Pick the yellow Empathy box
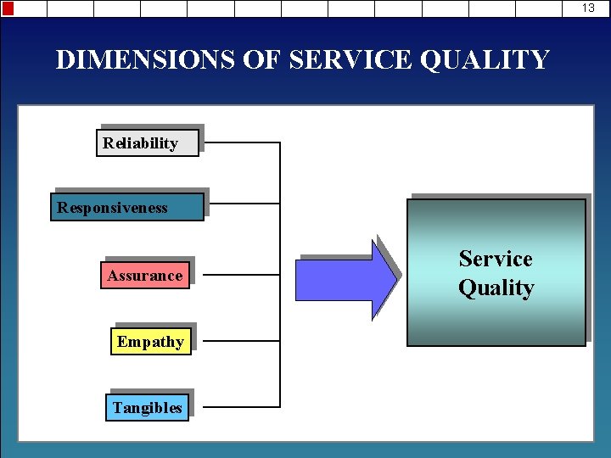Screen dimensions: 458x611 (x=150, y=341)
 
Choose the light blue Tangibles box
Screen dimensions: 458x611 (x=147, y=407)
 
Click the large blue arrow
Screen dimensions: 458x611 (x=344, y=279)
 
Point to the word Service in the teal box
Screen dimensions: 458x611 (x=496, y=259)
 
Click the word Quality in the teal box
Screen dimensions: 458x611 (x=496, y=288)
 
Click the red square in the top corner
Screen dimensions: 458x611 (x=8, y=8)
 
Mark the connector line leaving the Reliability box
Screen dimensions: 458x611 (x=242, y=142)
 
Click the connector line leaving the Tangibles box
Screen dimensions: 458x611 (x=242, y=407)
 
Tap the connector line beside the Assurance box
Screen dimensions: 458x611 (x=242, y=276)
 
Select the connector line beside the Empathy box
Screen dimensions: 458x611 (x=242, y=341)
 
